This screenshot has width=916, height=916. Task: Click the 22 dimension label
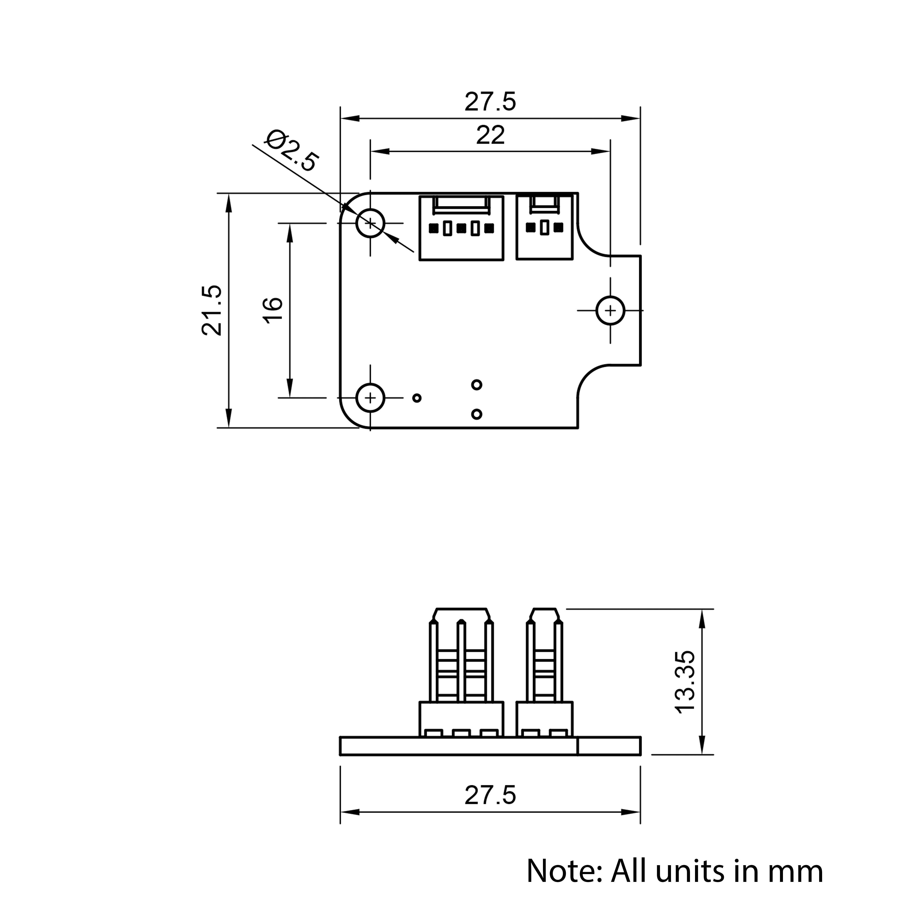(490, 136)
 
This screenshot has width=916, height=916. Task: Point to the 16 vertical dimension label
(273, 311)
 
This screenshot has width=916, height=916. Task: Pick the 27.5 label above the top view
(490, 102)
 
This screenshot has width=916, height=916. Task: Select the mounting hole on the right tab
(610, 311)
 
